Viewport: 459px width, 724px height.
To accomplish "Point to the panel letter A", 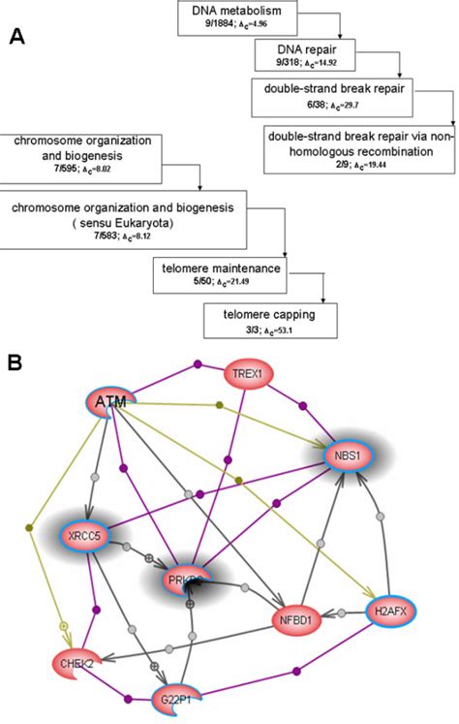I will (x=16, y=38).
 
